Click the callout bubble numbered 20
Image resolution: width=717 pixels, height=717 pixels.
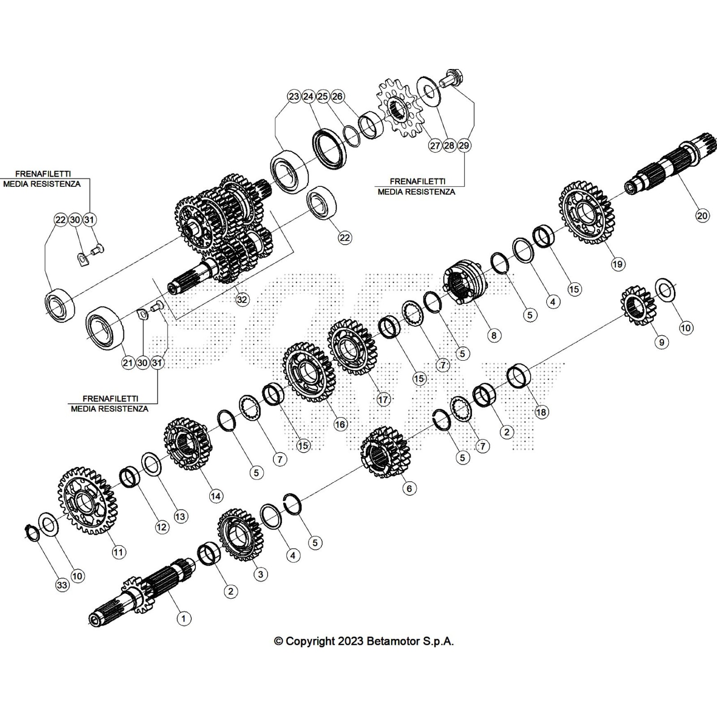(702, 216)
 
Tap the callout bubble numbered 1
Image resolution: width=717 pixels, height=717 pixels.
(183, 619)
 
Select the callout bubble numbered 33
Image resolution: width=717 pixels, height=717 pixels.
(62, 585)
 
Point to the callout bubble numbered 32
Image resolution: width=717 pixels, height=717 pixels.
(242, 299)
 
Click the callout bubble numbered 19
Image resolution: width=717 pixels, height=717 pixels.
(618, 264)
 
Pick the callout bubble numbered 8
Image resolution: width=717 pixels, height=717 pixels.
(494, 335)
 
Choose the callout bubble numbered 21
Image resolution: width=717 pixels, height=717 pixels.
(128, 363)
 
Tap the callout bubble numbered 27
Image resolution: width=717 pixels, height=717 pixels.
(435, 146)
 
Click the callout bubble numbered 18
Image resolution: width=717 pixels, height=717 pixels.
(541, 412)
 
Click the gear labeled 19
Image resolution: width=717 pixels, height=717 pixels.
(587, 212)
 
